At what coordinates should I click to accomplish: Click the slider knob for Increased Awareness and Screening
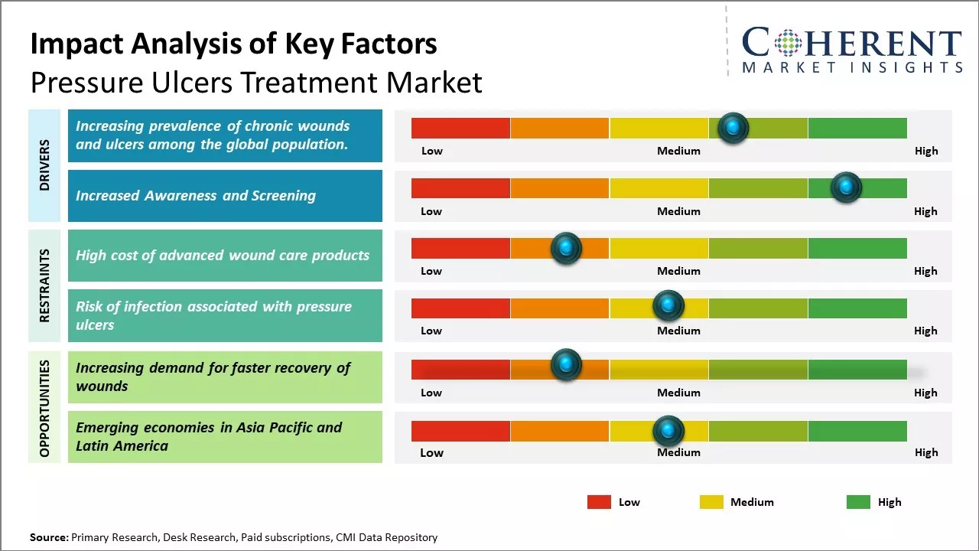click(x=846, y=187)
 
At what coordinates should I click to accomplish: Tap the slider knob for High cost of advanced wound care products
click(x=566, y=248)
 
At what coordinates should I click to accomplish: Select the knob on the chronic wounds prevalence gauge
click(x=733, y=128)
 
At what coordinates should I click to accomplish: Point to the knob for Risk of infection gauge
click(x=668, y=306)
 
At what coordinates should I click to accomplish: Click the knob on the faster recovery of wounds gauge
click(x=566, y=365)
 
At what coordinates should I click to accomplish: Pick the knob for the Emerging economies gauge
click(x=668, y=431)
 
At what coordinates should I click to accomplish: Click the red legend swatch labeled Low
click(x=599, y=502)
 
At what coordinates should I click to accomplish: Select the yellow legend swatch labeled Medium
click(x=711, y=502)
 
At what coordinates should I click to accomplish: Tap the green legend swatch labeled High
click(x=858, y=502)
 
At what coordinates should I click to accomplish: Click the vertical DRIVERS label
click(x=44, y=165)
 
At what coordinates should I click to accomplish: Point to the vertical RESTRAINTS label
click(x=44, y=285)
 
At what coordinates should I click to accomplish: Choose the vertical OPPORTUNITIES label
click(x=44, y=408)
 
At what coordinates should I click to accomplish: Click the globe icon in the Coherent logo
click(x=788, y=43)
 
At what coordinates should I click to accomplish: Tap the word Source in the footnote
click(x=48, y=537)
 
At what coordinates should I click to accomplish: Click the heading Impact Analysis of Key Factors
click(x=233, y=44)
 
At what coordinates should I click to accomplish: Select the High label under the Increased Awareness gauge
click(x=925, y=211)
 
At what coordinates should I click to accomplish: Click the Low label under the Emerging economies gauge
click(x=431, y=452)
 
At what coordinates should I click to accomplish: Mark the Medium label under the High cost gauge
click(x=678, y=271)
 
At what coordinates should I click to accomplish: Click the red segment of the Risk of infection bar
click(x=460, y=308)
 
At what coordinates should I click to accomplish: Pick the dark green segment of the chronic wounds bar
click(x=857, y=128)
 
